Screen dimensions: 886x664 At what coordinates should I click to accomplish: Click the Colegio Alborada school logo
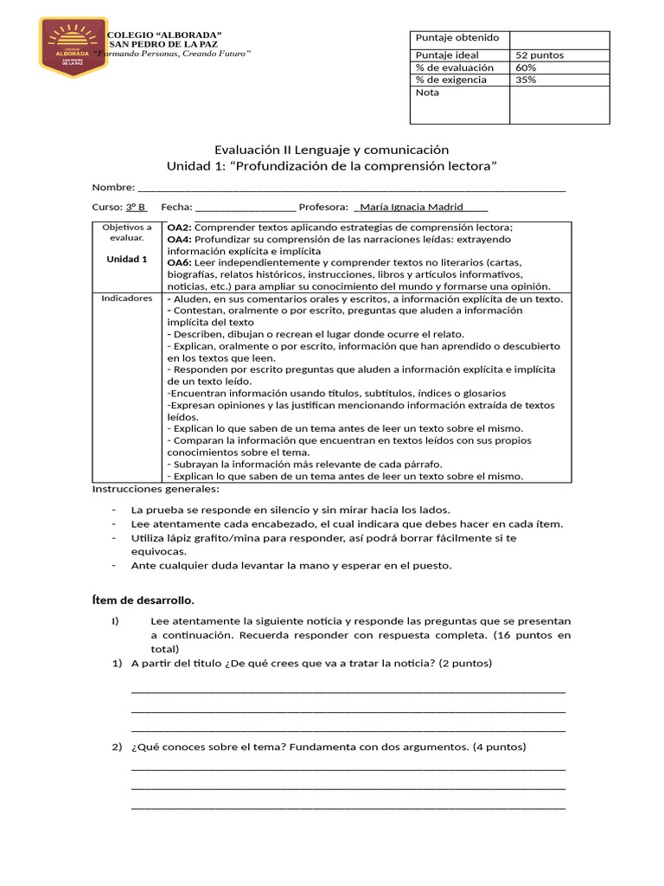click(73, 46)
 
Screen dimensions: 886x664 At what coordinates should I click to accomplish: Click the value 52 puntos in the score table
click(539, 55)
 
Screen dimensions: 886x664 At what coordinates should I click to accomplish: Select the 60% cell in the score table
click(525, 67)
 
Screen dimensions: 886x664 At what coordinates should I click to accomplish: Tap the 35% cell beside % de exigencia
click(525, 80)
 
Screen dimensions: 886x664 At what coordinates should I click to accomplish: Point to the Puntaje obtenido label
click(457, 38)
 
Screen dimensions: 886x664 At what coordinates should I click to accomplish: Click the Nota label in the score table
click(427, 93)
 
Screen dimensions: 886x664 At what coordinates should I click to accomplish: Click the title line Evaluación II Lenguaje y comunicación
click(331, 150)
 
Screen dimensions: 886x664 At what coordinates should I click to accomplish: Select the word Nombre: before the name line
click(113, 187)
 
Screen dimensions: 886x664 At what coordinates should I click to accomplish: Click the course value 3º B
click(137, 208)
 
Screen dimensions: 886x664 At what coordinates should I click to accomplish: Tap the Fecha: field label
click(176, 208)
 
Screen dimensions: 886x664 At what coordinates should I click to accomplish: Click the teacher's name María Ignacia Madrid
click(411, 208)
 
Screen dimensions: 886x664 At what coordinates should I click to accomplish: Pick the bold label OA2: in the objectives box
click(179, 227)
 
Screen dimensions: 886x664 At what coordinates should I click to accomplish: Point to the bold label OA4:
click(179, 239)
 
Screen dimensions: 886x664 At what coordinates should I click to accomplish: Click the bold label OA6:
click(179, 262)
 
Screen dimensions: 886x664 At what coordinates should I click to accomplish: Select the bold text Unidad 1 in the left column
click(127, 259)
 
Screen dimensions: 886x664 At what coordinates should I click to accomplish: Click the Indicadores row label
click(127, 299)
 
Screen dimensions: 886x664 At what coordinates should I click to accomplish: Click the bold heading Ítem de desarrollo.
click(143, 600)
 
